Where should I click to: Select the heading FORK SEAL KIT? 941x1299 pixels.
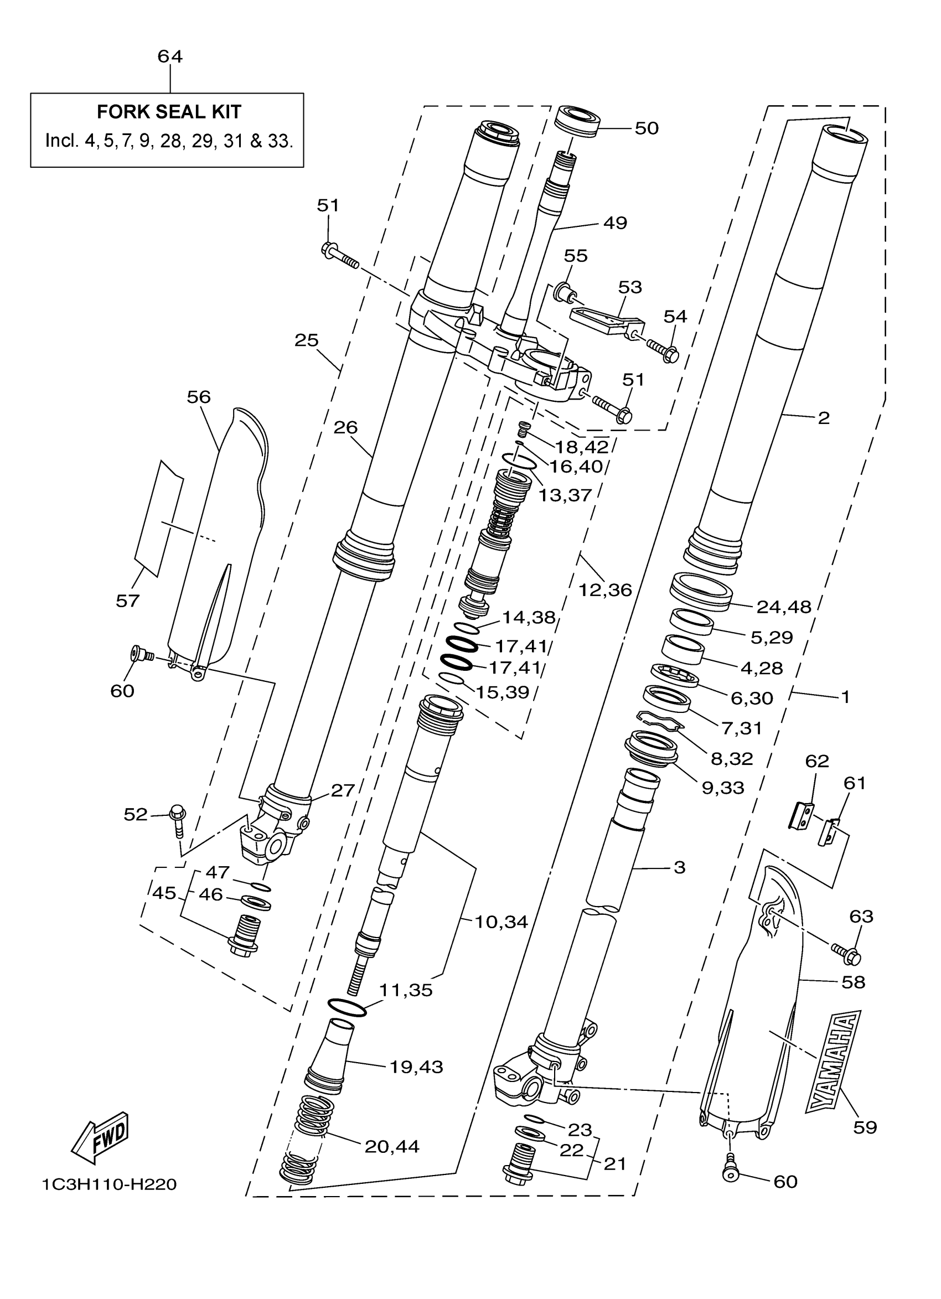point(169,112)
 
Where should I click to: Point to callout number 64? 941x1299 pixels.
point(170,56)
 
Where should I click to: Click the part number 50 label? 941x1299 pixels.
point(647,128)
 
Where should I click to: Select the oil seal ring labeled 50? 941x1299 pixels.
point(578,121)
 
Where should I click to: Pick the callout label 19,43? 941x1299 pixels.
point(416,1067)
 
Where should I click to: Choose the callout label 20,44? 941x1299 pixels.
point(392,1146)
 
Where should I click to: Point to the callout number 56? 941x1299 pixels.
point(199,397)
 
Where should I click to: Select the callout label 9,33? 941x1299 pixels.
point(723,788)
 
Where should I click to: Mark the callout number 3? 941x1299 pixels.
point(679,867)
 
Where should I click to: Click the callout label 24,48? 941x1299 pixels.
point(783,607)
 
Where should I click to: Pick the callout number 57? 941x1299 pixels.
point(128,601)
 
